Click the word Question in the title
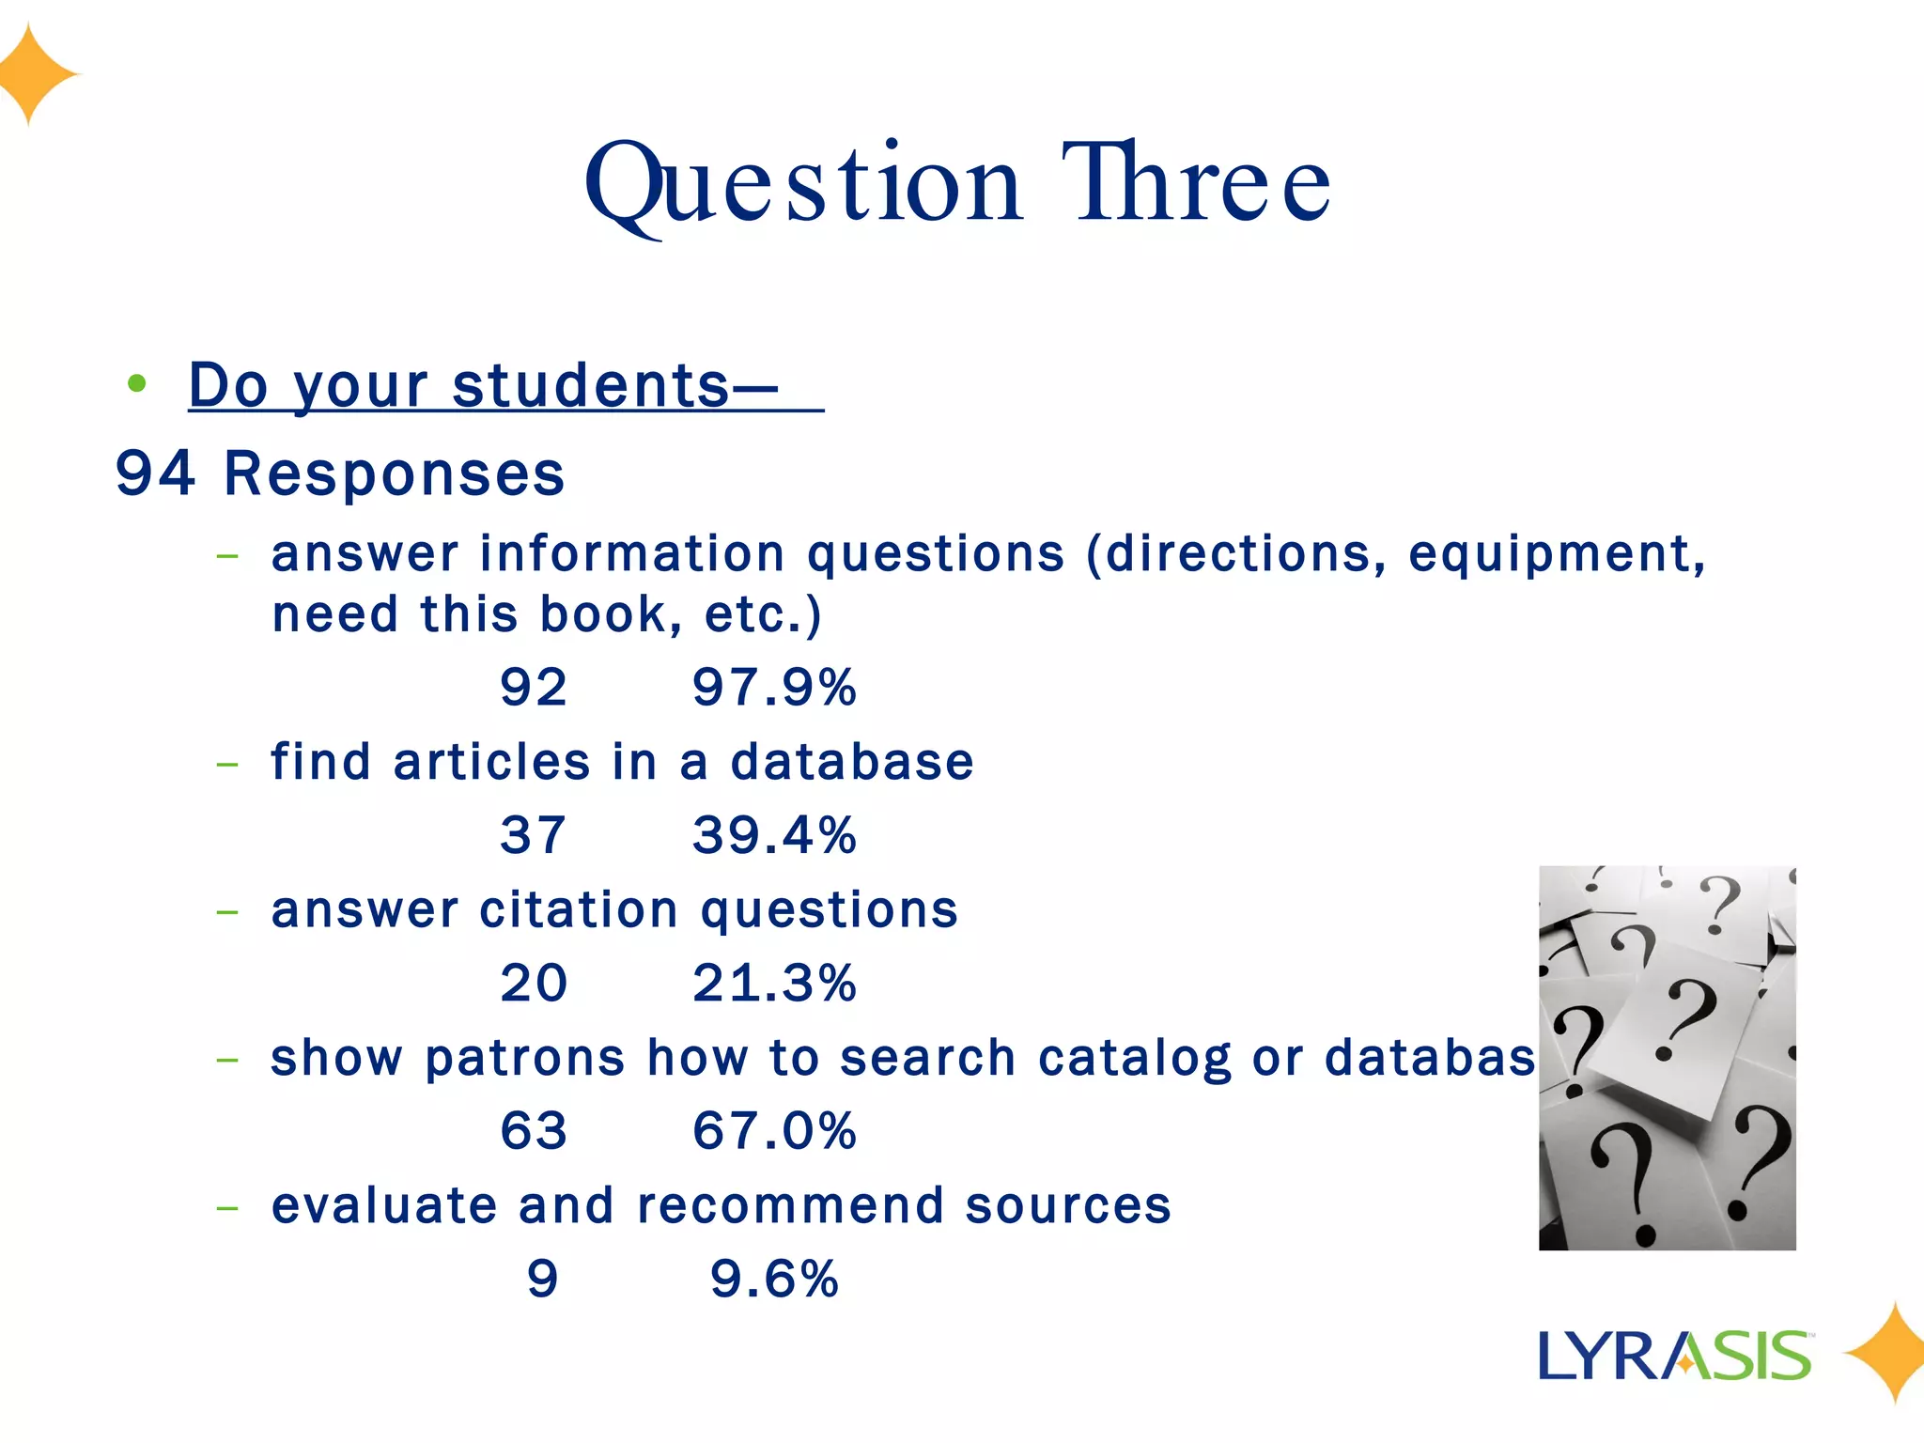coord(803,184)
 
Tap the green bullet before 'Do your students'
coord(137,383)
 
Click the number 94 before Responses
coord(156,473)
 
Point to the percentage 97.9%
coord(774,687)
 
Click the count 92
coord(534,687)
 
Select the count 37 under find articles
coord(534,834)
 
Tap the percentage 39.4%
coord(774,834)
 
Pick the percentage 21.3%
coord(774,983)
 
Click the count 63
coord(534,1130)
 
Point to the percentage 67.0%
coord(774,1130)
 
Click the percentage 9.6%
coord(774,1279)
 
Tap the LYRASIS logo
coord(1675,1356)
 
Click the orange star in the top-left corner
coord(33,74)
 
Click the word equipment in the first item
coord(1556,554)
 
